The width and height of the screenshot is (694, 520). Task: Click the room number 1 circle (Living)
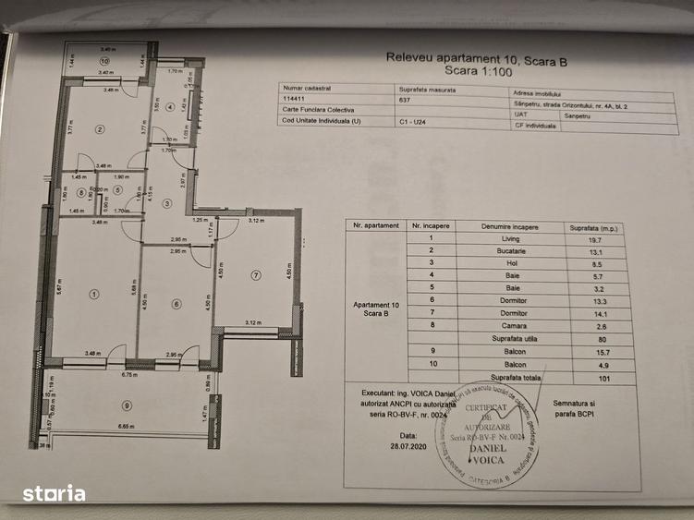click(93, 294)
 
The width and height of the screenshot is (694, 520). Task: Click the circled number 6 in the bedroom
click(177, 303)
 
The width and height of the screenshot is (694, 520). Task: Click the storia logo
click(54, 493)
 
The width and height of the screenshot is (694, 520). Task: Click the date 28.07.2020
click(408, 442)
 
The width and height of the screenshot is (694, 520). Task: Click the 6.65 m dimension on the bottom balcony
click(128, 427)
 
